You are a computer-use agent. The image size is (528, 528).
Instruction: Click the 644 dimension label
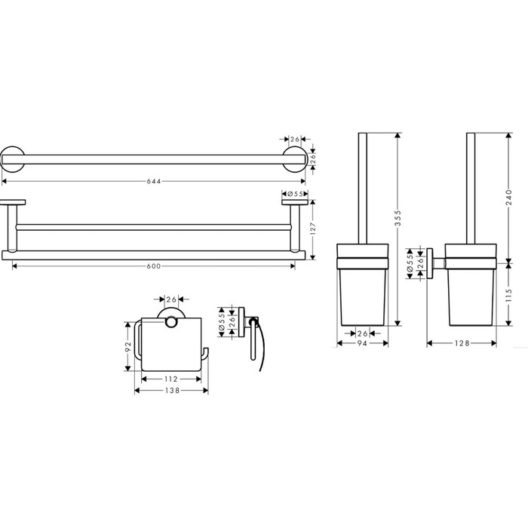[154, 182]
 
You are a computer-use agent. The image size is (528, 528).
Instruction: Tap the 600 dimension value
[154, 266]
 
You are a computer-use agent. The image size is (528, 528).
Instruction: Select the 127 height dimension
[313, 229]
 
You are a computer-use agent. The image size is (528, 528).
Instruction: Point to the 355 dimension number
[398, 218]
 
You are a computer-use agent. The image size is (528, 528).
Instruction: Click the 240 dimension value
[509, 198]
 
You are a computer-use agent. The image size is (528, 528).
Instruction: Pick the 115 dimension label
[509, 295]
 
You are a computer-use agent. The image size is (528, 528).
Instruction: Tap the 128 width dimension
[462, 343]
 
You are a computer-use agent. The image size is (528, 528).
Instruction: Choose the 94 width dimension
[362, 343]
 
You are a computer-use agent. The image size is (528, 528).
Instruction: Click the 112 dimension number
[171, 379]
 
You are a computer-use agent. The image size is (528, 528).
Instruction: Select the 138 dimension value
[173, 391]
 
